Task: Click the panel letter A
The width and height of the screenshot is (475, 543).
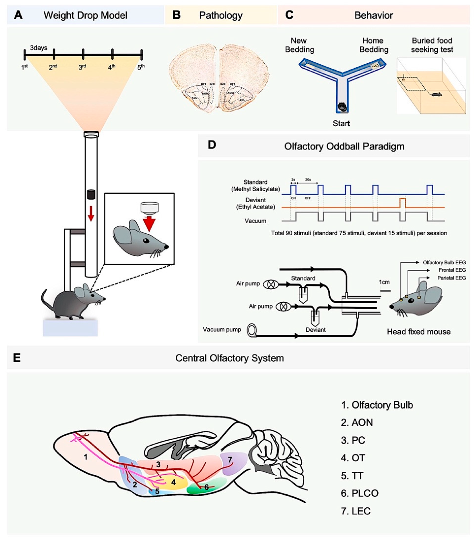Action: pos(18,15)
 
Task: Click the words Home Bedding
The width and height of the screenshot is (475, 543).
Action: pos(373,45)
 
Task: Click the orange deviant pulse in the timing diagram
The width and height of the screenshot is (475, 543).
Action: pos(402,203)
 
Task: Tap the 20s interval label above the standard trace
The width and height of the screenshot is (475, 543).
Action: pos(308,180)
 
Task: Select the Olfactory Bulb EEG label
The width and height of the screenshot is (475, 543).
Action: pos(444,262)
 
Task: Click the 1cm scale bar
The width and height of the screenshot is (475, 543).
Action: pos(385,291)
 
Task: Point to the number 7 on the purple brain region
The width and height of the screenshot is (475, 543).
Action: pos(230,459)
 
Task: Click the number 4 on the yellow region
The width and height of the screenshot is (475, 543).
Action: pos(173,482)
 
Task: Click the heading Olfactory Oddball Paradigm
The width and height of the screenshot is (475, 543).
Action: pos(344,146)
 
